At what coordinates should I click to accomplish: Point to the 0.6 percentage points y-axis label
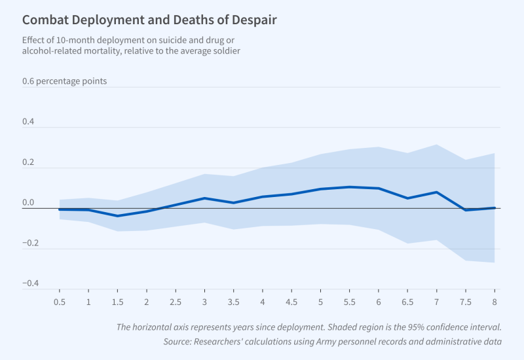(64, 82)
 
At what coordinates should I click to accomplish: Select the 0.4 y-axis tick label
(28, 122)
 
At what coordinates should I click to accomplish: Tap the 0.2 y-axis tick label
(28, 163)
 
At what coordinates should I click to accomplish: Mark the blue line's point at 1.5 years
(117, 216)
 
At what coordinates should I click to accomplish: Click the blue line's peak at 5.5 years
(349, 187)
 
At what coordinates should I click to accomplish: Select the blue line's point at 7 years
(436, 192)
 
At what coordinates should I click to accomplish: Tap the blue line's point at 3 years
(204, 198)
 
